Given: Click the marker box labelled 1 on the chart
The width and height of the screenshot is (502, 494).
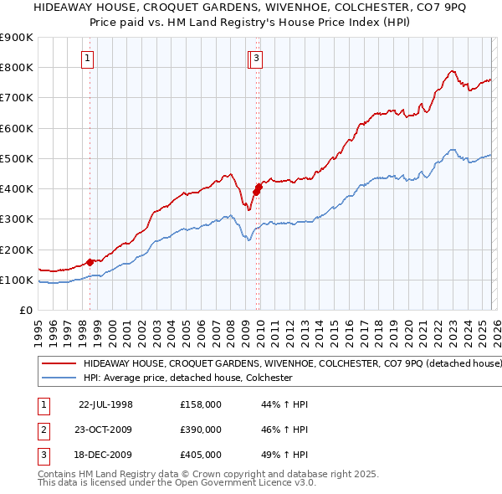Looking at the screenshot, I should (x=88, y=58).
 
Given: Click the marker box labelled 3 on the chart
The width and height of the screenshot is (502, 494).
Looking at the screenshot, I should (x=256, y=58).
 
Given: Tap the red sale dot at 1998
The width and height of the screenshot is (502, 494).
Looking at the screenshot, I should (x=90, y=262).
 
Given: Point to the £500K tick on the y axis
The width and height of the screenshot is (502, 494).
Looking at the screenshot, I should (x=16, y=158).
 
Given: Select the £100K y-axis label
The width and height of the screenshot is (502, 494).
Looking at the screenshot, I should (x=16, y=280).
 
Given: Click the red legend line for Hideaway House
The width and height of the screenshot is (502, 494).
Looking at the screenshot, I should (x=59, y=364).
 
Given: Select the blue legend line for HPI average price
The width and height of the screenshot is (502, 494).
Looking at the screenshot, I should (x=59, y=378).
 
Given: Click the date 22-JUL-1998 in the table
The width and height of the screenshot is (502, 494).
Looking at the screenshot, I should (x=105, y=404).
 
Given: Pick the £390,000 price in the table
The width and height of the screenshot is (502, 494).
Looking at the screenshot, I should (x=201, y=430).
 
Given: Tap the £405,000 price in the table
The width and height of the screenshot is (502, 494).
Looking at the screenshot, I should (x=201, y=455).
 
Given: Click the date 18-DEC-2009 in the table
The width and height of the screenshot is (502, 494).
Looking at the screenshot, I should (x=105, y=455).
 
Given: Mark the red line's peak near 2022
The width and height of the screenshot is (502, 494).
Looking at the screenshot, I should (x=452, y=71).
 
